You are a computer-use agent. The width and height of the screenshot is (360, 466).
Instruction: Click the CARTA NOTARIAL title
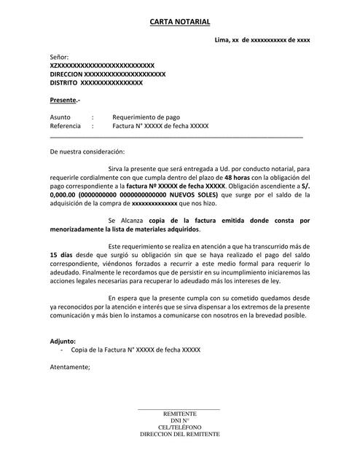coord(179,23)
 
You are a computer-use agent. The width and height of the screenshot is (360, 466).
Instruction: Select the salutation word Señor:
coord(59,57)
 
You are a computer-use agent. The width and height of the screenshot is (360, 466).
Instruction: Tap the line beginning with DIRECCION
coord(107,74)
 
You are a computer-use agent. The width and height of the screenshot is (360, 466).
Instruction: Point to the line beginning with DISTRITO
coord(95,83)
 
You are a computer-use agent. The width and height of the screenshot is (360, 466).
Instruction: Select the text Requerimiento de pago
coord(146,117)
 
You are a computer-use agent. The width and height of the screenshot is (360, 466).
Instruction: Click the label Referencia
coord(65,126)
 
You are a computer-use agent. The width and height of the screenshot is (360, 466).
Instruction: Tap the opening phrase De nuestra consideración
coord(87,151)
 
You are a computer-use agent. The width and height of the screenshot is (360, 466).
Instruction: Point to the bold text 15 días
coord(62,256)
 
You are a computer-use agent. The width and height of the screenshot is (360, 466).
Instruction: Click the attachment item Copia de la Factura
coord(135,349)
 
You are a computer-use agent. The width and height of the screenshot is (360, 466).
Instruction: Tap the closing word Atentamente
coord(70,367)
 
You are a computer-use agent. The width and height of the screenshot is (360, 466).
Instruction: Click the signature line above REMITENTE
coord(179,409)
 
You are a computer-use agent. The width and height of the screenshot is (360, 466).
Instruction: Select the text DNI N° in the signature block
coord(179,421)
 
